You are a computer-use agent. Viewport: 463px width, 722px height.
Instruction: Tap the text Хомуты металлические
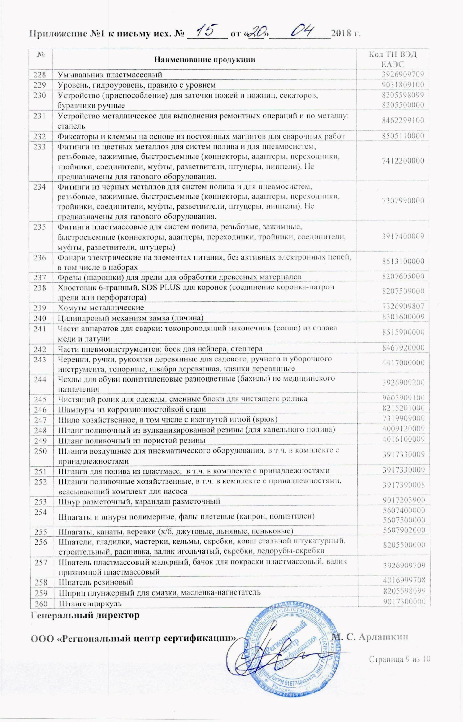pyautogui.click(x=101, y=308)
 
